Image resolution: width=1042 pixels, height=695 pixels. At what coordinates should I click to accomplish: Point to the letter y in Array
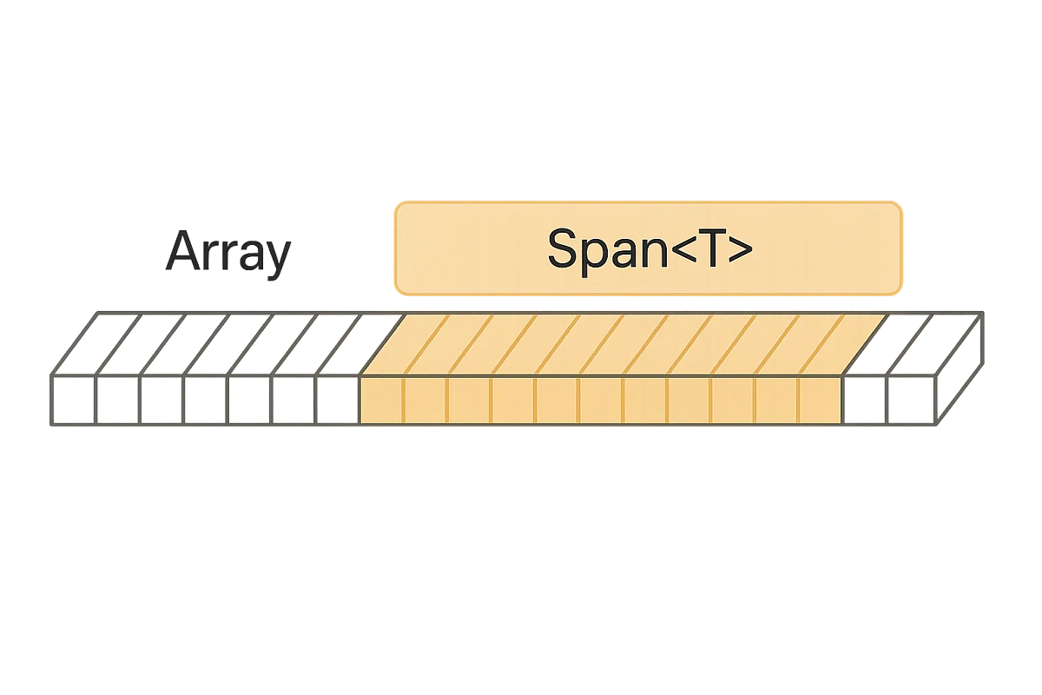[277, 258]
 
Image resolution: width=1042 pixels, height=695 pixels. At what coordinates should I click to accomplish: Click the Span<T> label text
[650, 248]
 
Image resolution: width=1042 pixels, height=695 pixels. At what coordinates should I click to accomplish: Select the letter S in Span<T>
[566, 248]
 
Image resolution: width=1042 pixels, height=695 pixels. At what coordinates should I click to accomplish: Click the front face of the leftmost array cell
[72, 401]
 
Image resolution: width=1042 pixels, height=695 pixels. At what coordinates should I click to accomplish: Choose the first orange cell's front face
[380, 401]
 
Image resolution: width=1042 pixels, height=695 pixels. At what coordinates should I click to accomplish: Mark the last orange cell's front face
[820, 401]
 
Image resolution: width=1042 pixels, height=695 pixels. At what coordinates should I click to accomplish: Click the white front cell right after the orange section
[864, 401]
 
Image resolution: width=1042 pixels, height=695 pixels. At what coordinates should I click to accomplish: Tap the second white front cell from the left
[115, 401]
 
